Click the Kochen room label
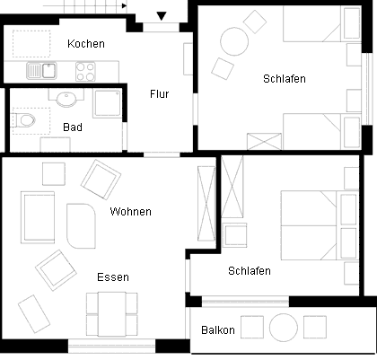pyautogui.click(x=86, y=44)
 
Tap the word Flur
pyautogui.click(x=160, y=94)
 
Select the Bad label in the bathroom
pyautogui.click(x=73, y=127)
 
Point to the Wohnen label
pyautogui.click(x=131, y=212)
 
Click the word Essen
pyautogui.click(x=113, y=277)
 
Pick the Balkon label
pyautogui.click(x=218, y=330)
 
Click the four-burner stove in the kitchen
pyautogui.click(x=85, y=71)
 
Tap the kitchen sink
pyautogui.click(x=41, y=71)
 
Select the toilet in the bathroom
pyautogui.click(x=23, y=120)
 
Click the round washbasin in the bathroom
pyautogui.click(x=66, y=99)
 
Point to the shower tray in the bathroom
pyautogui.click(x=107, y=103)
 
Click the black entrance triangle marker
pyautogui.click(x=162, y=16)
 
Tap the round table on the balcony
pyautogui.click(x=284, y=328)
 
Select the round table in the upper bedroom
pyautogui.click(x=234, y=41)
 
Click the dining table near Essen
pyautogui.click(x=112, y=314)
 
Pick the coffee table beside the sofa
pyautogui.click(x=81, y=226)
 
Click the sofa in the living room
pyautogui.click(x=38, y=217)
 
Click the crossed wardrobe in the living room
pyautogui.click(x=206, y=204)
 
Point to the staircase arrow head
pyautogui.click(x=125, y=5)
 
